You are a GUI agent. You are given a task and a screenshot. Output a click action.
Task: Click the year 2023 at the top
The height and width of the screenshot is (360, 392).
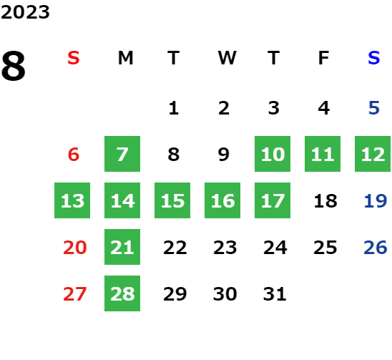click(25, 12)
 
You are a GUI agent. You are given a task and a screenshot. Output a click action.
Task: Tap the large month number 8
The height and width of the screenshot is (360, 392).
click(14, 66)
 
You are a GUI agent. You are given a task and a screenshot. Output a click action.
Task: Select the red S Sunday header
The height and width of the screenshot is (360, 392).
click(74, 58)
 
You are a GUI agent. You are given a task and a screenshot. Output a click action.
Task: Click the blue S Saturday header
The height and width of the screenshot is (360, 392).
click(374, 58)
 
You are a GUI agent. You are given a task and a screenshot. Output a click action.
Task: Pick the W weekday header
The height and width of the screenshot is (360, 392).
click(227, 58)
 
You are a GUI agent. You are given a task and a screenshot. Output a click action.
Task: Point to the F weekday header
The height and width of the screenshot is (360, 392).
click(323, 58)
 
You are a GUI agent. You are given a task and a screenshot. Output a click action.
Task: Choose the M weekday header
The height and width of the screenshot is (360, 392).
click(125, 58)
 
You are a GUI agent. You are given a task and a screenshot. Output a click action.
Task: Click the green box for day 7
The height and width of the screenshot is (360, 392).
click(122, 154)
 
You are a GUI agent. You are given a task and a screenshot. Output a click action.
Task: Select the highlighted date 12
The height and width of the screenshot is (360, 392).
click(373, 154)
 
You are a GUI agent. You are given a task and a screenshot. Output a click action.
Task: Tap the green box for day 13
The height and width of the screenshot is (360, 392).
click(72, 200)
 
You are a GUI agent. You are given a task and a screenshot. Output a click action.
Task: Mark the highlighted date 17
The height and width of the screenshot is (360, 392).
click(273, 200)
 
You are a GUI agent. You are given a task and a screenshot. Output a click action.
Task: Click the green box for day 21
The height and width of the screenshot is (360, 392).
click(122, 247)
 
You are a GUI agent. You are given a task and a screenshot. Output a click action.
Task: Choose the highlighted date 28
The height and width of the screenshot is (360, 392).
click(122, 293)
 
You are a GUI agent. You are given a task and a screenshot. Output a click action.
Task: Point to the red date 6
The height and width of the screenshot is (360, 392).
click(74, 155)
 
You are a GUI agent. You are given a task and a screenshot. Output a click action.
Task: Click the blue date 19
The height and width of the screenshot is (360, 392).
click(376, 201)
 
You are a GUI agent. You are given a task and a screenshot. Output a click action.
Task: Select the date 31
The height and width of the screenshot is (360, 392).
click(275, 294)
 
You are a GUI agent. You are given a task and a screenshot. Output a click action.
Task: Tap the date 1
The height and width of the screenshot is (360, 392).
click(174, 108)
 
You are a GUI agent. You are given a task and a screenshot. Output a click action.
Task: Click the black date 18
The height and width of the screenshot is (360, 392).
click(325, 201)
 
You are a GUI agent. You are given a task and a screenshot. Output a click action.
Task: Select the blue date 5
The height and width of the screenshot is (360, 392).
click(374, 108)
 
